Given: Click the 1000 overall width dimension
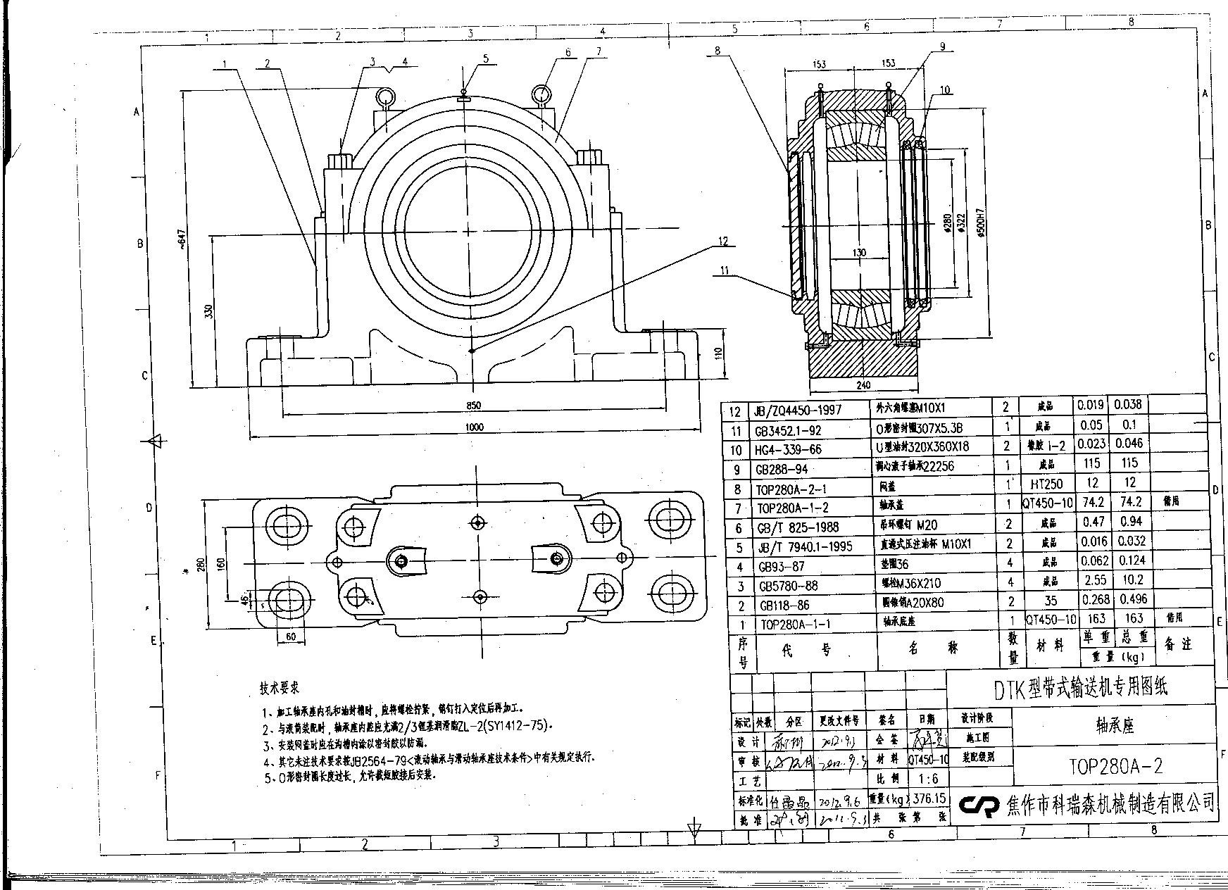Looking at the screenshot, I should tap(475, 427).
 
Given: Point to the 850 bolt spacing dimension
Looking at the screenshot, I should tap(474, 405).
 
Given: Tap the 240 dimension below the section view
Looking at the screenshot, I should tap(864, 385).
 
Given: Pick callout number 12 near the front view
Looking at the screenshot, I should tap(723, 241).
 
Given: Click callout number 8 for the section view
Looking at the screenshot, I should tap(717, 50).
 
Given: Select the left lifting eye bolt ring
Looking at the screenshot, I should tap(385, 96).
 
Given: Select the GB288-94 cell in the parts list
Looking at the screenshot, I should tap(781, 469).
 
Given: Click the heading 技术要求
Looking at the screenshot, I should tap(280, 687).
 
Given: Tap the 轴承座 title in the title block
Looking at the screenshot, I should tap(1115, 725).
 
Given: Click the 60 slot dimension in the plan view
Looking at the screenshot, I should tap(291, 637).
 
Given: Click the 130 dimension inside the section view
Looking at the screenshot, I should tap(859, 253).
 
